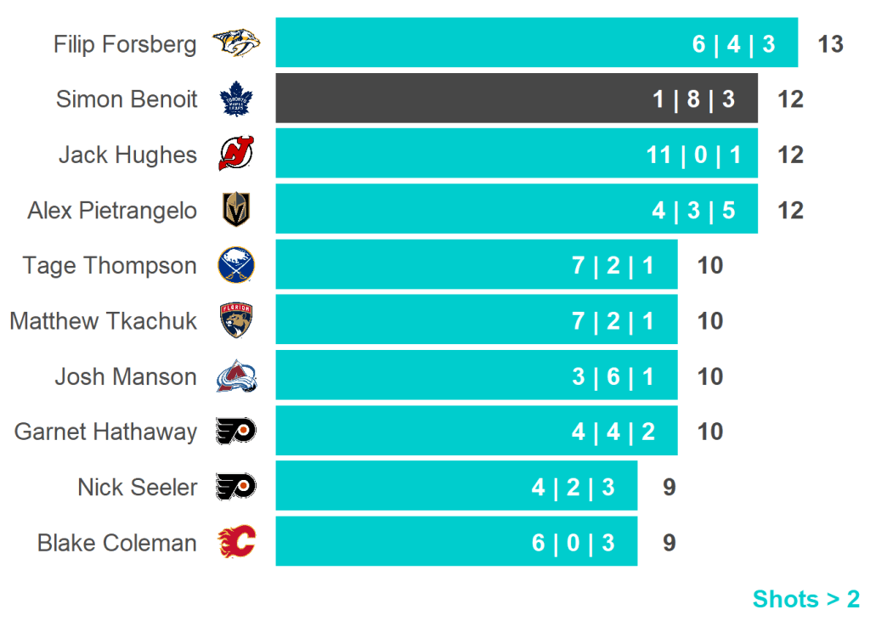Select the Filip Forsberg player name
[x=125, y=44]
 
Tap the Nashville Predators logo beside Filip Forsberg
[x=236, y=42]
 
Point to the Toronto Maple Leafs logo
[x=236, y=99]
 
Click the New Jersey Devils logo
[x=236, y=154]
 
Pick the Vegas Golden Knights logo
[x=236, y=210]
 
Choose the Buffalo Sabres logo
[x=236, y=265]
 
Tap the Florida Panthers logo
[x=236, y=320]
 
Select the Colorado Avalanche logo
[x=236, y=376]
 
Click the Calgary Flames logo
[x=236, y=542]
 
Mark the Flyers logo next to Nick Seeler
[x=236, y=487]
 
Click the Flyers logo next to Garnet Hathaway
[x=236, y=432]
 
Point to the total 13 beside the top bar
[x=830, y=44]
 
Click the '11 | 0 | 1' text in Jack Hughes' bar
[x=693, y=155]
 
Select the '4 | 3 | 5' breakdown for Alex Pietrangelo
[x=693, y=211]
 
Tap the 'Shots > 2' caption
[x=805, y=599]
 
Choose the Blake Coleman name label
[x=117, y=543]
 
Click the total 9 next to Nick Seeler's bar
[x=669, y=488]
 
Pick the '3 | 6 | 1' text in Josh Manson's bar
[x=613, y=377]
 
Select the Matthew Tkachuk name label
[x=104, y=321]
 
